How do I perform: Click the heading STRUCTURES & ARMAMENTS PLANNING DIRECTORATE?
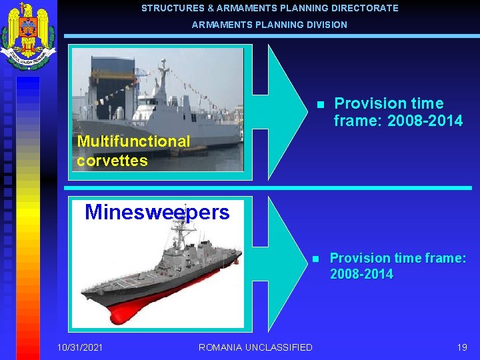tap(269, 9)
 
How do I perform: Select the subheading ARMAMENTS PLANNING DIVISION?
tap(269, 25)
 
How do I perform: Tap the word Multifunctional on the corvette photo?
tap(133, 141)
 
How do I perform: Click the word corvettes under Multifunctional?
tap(112, 161)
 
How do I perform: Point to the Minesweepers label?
tap(157, 213)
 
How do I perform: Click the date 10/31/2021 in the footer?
tap(80, 347)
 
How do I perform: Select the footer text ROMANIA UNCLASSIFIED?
tap(255, 347)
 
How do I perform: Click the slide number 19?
tap(462, 347)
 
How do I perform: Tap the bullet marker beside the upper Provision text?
tap(320, 105)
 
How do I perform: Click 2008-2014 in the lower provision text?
tap(361, 274)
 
